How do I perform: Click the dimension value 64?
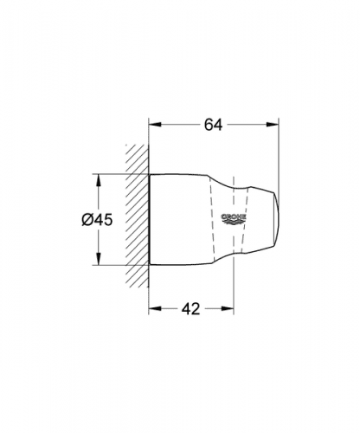point(214,125)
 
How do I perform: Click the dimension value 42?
point(190,308)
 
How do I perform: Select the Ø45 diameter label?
point(97,220)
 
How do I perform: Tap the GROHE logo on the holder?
point(234,219)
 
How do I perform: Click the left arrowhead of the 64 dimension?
point(154,125)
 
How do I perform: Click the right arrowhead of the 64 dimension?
point(273,125)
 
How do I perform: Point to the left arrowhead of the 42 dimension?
point(154,308)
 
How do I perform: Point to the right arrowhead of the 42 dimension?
point(228,308)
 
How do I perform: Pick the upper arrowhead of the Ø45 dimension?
point(99,180)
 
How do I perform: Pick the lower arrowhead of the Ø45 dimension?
point(99,259)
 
